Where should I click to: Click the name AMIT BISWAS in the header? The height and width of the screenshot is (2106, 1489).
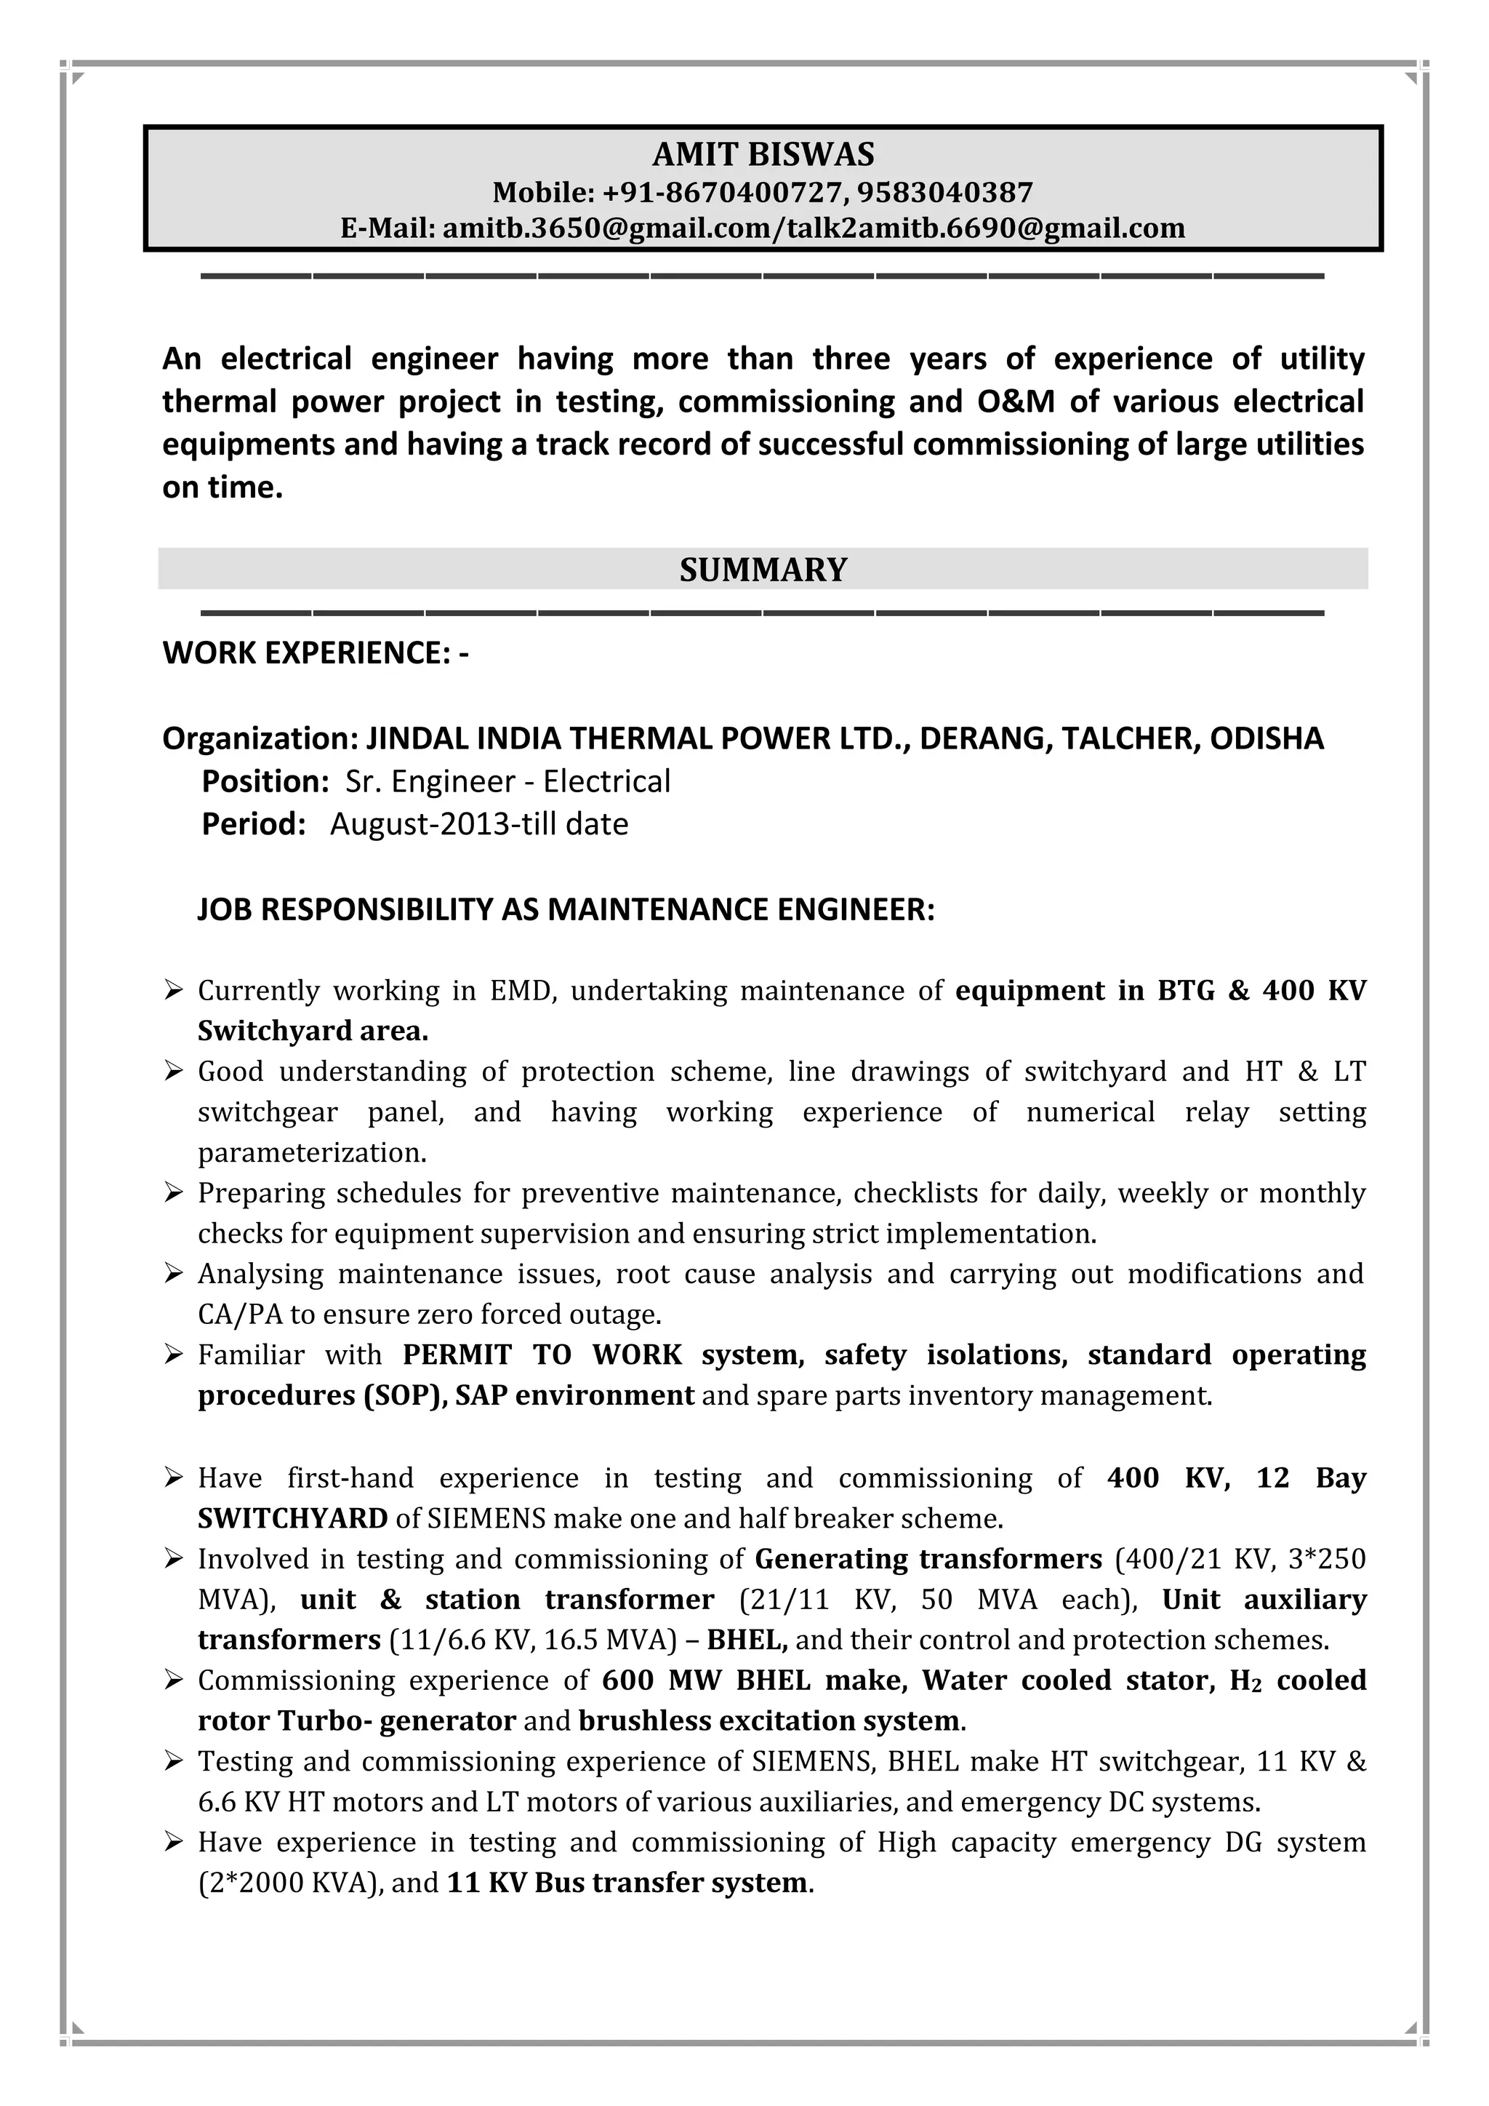pos(763,154)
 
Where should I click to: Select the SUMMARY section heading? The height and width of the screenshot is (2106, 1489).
pos(763,570)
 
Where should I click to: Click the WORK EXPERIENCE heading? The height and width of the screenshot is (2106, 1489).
pos(315,653)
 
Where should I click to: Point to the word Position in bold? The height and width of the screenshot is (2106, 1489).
pos(264,781)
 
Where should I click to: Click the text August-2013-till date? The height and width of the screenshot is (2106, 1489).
pos(478,823)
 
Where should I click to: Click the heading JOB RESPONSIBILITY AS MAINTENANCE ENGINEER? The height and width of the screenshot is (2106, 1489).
pos(566,909)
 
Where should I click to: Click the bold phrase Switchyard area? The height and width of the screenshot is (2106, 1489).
pos(313,1031)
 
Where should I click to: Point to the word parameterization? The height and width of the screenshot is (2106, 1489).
pos(312,1152)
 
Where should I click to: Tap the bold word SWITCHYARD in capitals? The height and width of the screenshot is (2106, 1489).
pos(292,1518)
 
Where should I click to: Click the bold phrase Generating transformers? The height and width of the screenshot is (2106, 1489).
pos(928,1558)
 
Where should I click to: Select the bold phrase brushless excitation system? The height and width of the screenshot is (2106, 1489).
pos(768,1720)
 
